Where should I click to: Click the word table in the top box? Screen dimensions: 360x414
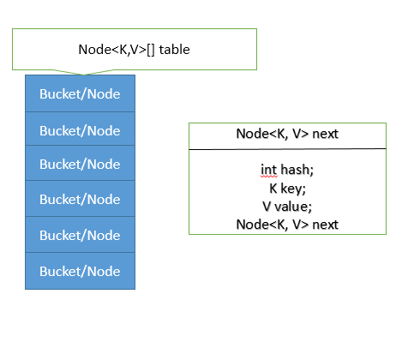(174, 50)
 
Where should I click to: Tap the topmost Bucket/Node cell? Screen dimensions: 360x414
(80, 93)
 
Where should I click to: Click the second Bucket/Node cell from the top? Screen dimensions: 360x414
(80, 129)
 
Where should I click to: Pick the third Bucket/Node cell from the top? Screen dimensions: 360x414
(80, 164)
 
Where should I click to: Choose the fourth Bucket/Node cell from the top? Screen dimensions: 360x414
(80, 199)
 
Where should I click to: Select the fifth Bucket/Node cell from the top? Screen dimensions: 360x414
(80, 235)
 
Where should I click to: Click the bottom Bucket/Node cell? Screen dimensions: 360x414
(80, 271)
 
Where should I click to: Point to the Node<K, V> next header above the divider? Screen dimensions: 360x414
(287, 135)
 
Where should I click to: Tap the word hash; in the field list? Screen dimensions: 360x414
(295, 170)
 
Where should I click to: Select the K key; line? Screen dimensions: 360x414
(287, 188)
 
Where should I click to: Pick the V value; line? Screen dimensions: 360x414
(287, 206)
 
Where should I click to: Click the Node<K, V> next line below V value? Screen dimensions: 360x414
(287, 225)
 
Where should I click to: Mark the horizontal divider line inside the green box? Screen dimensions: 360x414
(287, 149)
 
